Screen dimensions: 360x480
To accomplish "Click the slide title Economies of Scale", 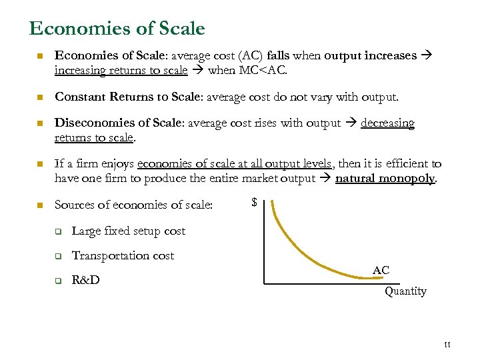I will tap(117, 29).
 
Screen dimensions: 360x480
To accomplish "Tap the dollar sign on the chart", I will tap(254, 202).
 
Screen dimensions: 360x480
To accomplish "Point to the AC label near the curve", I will tap(381, 270).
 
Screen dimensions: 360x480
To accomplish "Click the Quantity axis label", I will tap(405, 291).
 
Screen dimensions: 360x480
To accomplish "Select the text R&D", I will tap(85, 280).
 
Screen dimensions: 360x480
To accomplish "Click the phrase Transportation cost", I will tap(123, 255).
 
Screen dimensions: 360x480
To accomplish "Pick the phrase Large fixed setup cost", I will tap(128, 231).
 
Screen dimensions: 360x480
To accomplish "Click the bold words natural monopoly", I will tap(386, 178).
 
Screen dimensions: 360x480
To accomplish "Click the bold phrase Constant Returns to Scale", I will tap(127, 97).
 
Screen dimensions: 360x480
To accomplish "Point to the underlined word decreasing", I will tap(387, 123).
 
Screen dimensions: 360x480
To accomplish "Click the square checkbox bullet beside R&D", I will tap(58, 281).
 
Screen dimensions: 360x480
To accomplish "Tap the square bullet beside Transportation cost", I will tap(58, 256).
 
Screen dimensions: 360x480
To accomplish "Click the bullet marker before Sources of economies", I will tap(39, 205).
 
